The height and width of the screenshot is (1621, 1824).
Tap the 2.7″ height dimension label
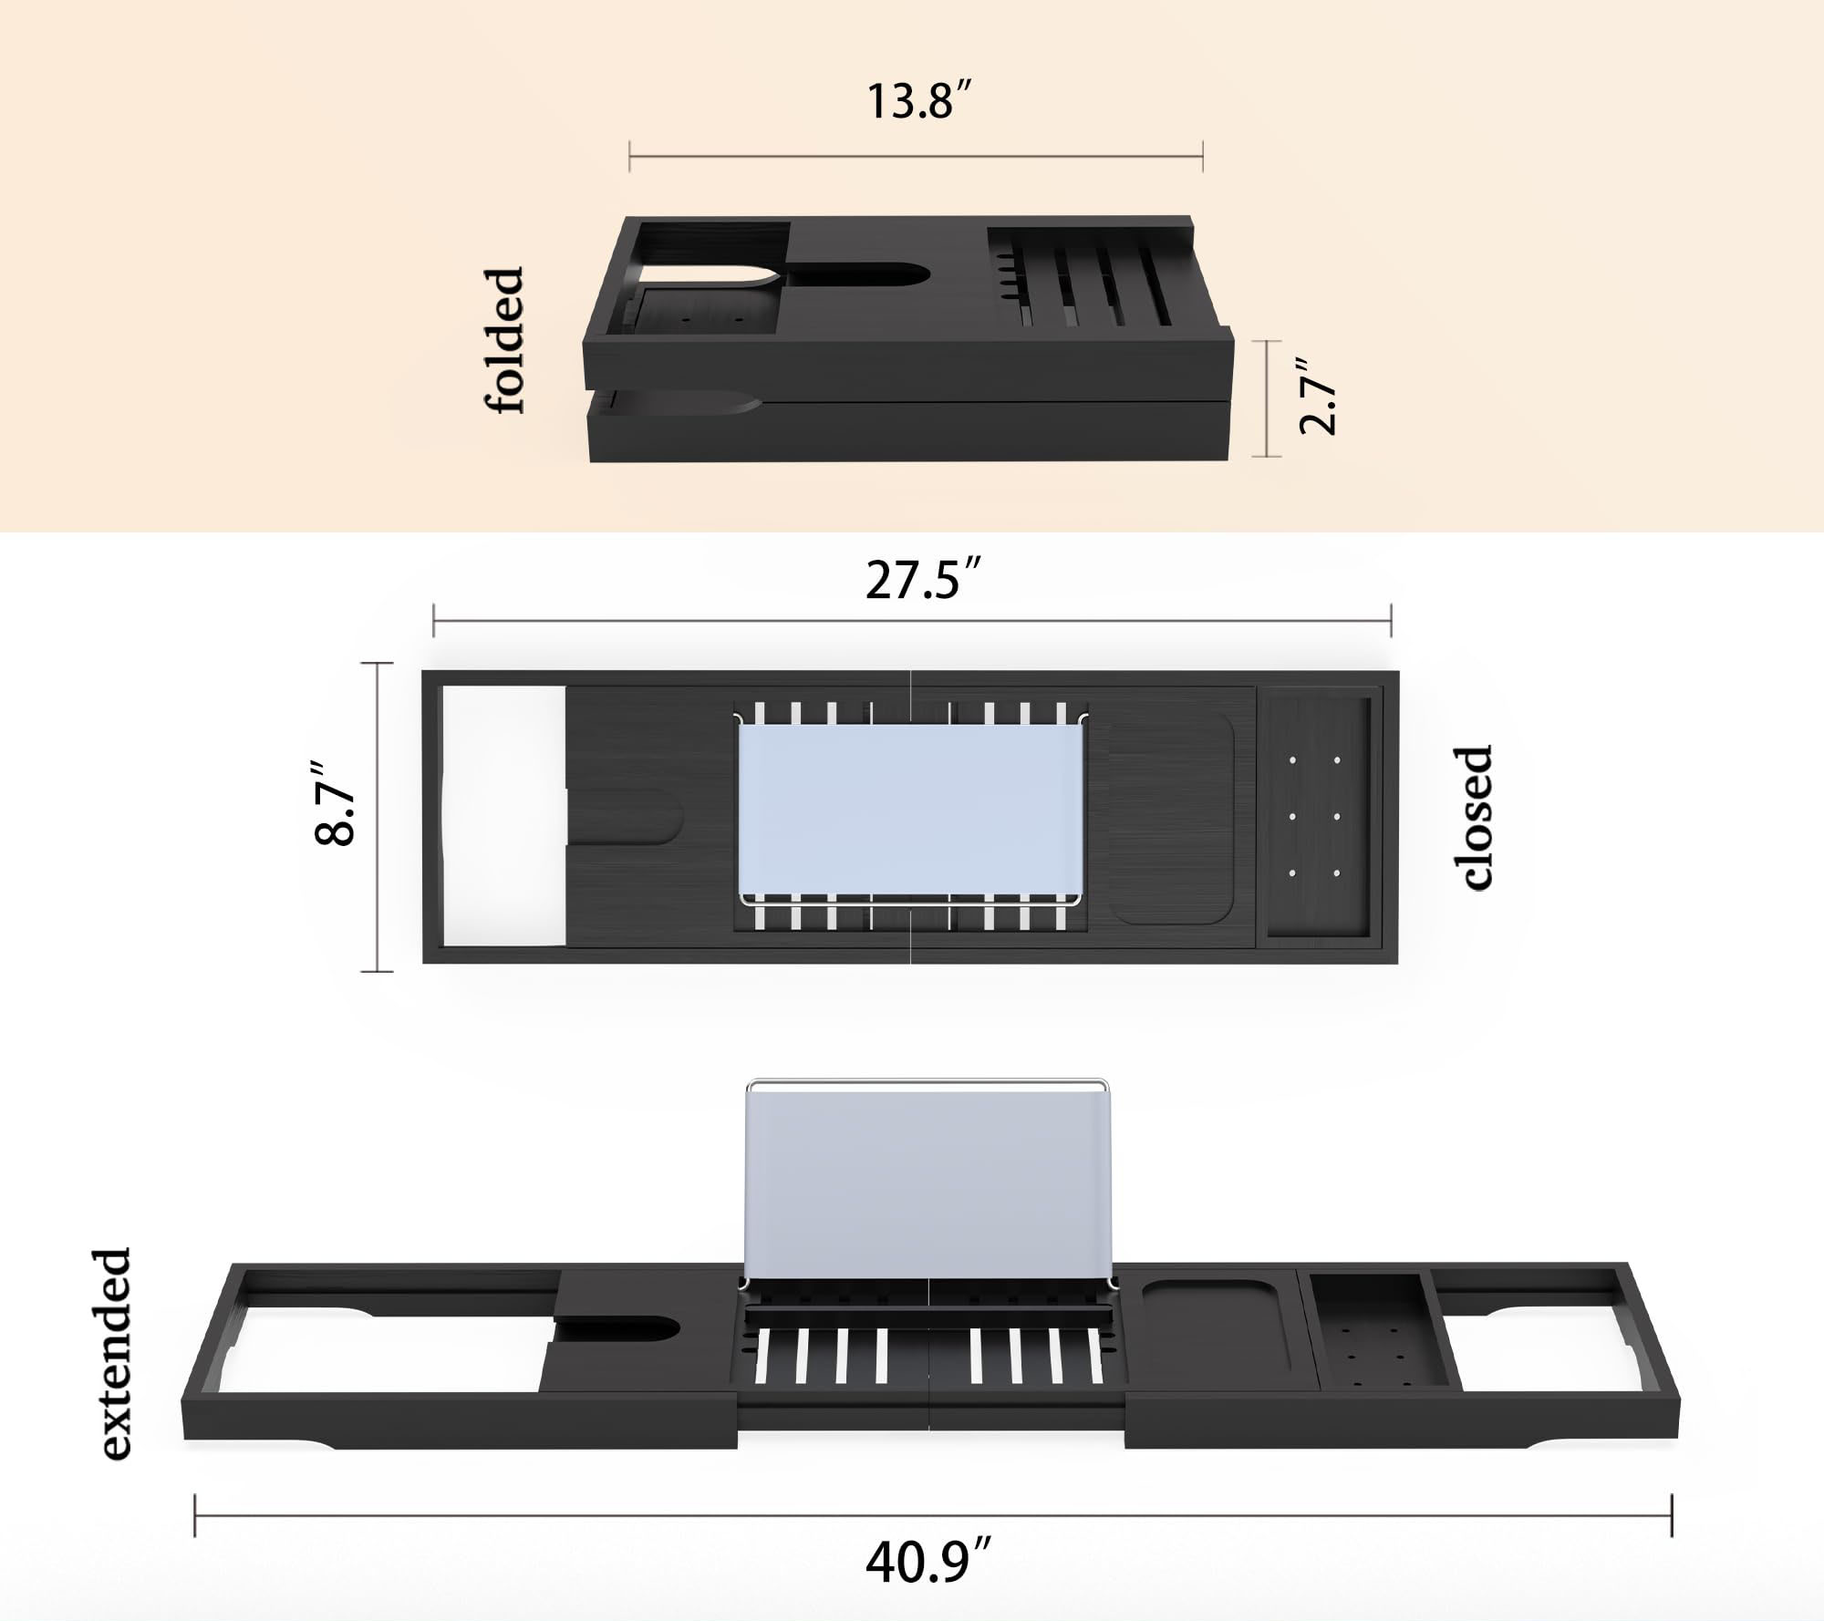(1318, 397)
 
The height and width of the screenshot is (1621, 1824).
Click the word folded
(503, 341)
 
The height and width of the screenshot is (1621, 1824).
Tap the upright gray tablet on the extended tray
(928, 1182)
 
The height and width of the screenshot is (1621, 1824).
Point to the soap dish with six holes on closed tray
(1314, 816)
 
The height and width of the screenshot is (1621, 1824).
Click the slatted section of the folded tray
(1085, 283)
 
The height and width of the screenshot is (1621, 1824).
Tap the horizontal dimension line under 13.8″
(916, 157)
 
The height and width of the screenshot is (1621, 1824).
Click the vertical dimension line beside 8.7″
(377, 817)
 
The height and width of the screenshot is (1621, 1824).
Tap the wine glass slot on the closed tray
(629, 817)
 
